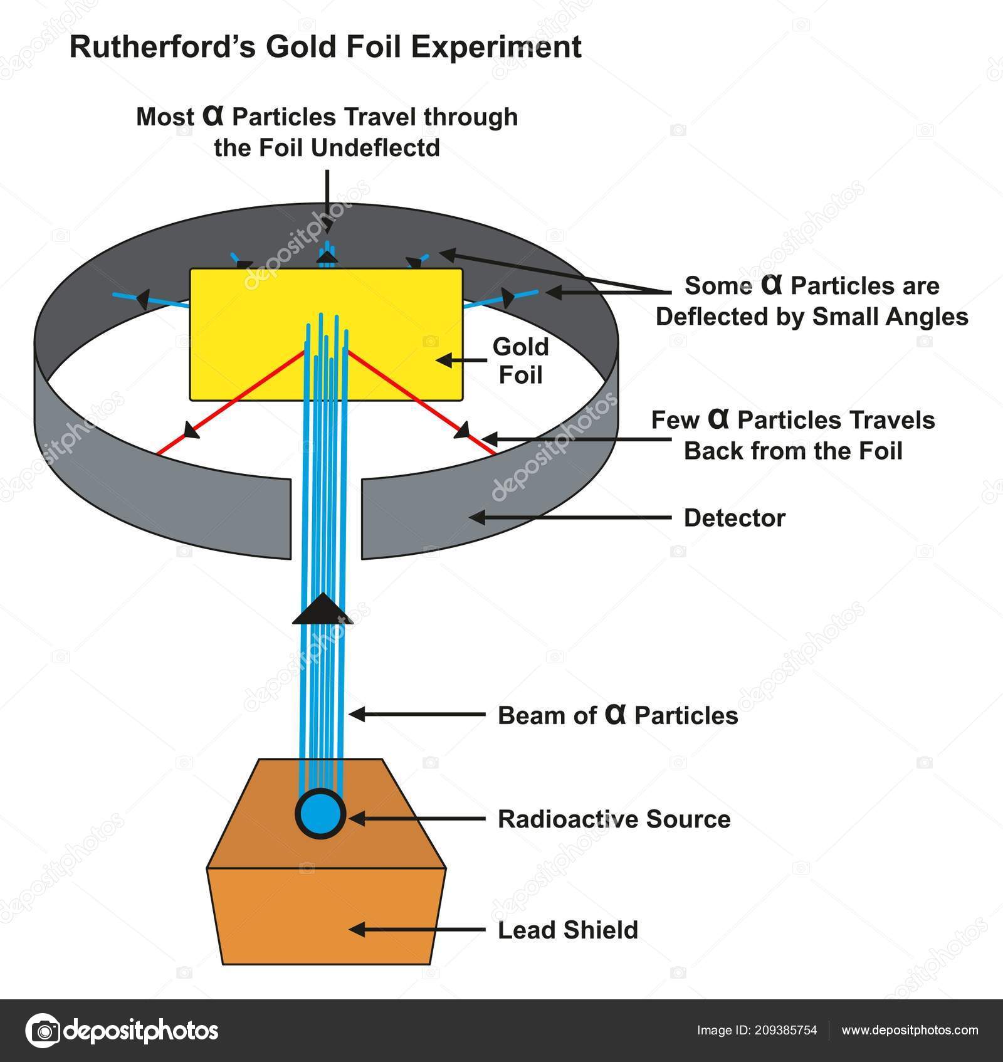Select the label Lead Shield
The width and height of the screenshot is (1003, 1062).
pyautogui.click(x=567, y=930)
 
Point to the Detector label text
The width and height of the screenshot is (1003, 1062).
pyautogui.click(x=734, y=518)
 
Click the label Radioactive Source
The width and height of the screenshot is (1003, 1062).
pyautogui.click(x=614, y=819)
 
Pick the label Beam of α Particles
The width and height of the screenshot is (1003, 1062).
pyautogui.click(x=617, y=715)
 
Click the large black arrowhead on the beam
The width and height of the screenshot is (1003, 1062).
pyautogui.click(x=323, y=609)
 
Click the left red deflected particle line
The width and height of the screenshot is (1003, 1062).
pyautogui.click(x=232, y=401)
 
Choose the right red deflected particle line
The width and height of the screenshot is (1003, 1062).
pyautogui.click(x=420, y=401)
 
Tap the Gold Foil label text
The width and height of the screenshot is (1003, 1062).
pyautogui.click(x=520, y=360)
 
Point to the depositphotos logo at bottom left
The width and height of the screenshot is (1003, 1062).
pyautogui.click(x=122, y=1030)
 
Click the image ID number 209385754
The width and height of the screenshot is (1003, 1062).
pyautogui.click(x=785, y=1030)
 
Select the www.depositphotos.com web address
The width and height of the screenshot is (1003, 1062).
pyautogui.click(x=910, y=1030)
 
